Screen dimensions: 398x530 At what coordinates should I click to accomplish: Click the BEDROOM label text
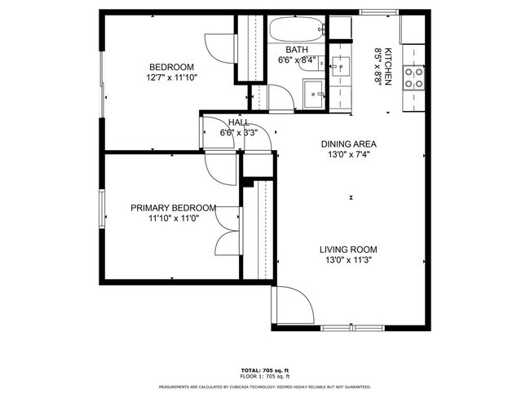point(170,67)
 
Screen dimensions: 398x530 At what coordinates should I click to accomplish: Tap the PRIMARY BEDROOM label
point(173,208)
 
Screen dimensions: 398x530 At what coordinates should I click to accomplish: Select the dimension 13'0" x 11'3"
point(348,261)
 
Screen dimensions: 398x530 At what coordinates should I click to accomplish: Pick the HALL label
point(239,122)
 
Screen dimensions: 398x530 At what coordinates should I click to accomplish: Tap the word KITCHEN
point(389,66)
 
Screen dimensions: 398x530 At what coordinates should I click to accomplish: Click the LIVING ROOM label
point(348,250)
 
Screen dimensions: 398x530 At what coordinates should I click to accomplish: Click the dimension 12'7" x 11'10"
point(170,78)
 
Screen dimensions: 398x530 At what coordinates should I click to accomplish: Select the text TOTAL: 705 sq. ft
point(264,369)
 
